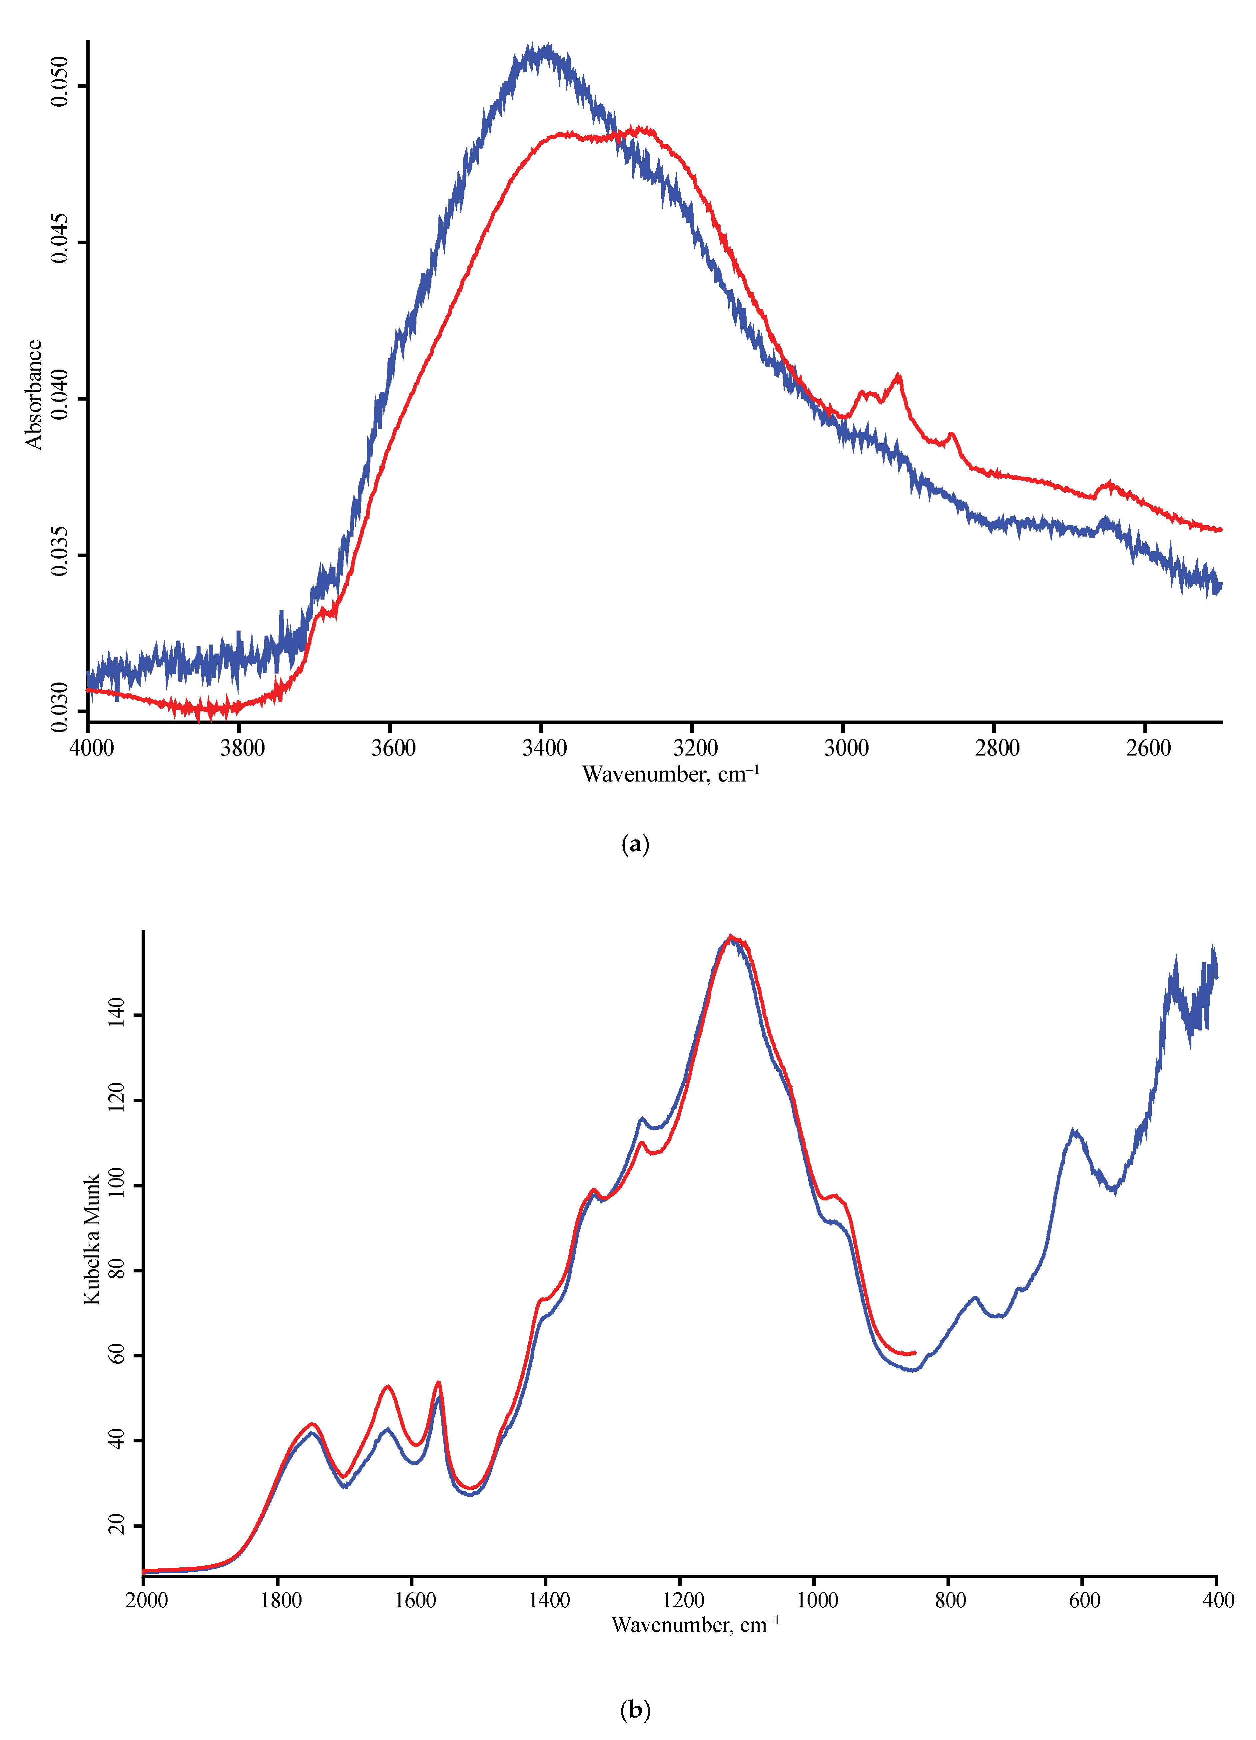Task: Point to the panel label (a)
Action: [635, 845]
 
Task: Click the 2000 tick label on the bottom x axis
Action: [147, 1600]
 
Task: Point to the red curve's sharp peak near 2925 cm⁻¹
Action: [898, 376]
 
